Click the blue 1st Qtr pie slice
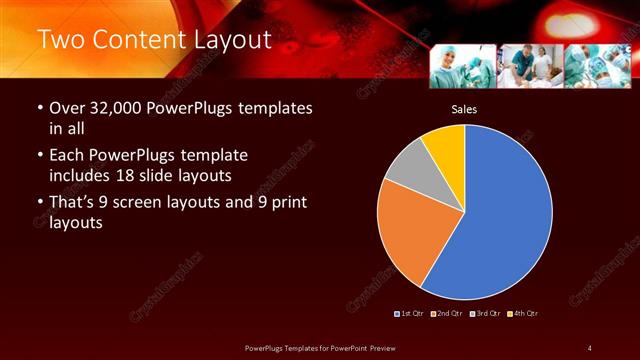(500, 220)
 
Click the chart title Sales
(463, 108)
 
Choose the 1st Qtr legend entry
(409, 314)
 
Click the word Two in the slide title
(60, 41)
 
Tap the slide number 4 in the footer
(590, 347)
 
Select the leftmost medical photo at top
(462, 66)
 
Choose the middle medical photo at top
(529, 66)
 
